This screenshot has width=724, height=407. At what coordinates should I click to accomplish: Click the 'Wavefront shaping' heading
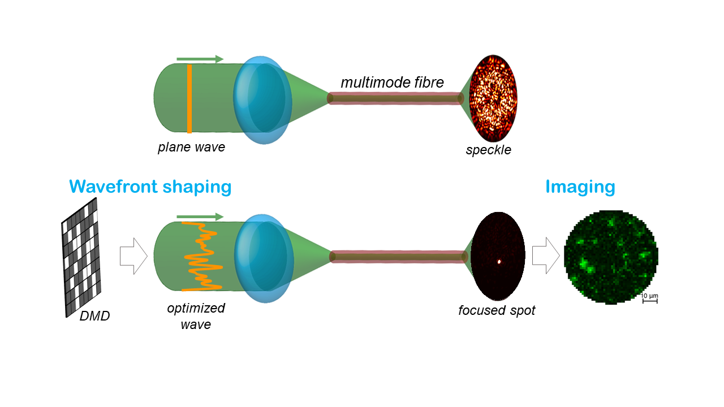click(x=150, y=187)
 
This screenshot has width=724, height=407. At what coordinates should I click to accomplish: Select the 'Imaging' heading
click(x=580, y=187)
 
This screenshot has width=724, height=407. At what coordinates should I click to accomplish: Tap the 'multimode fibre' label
click(x=392, y=83)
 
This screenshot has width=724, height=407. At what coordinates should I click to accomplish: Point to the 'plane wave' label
click(x=191, y=148)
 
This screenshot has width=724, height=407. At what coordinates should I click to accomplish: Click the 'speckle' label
click(x=489, y=150)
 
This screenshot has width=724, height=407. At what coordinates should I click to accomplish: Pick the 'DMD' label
click(x=94, y=316)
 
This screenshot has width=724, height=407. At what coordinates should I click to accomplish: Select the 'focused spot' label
click(x=497, y=311)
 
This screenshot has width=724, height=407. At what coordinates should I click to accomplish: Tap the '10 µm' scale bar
click(x=649, y=298)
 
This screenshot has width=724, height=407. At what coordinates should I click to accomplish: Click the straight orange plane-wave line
click(x=189, y=99)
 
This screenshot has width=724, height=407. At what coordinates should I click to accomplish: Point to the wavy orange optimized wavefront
click(x=200, y=257)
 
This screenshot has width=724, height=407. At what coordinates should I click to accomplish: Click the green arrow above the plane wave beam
click(x=200, y=59)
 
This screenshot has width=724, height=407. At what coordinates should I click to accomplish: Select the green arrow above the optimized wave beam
click(x=200, y=217)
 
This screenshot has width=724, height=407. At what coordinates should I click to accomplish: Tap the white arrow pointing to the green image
click(x=546, y=257)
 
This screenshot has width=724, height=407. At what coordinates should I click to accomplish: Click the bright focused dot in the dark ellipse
click(x=499, y=262)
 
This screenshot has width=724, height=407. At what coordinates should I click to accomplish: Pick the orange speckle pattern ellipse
click(x=493, y=98)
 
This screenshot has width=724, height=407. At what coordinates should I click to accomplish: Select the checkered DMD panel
click(x=83, y=258)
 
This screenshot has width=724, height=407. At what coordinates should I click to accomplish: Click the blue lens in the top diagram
click(x=262, y=100)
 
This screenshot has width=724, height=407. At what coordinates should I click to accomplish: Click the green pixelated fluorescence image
click(x=611, y=257)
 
